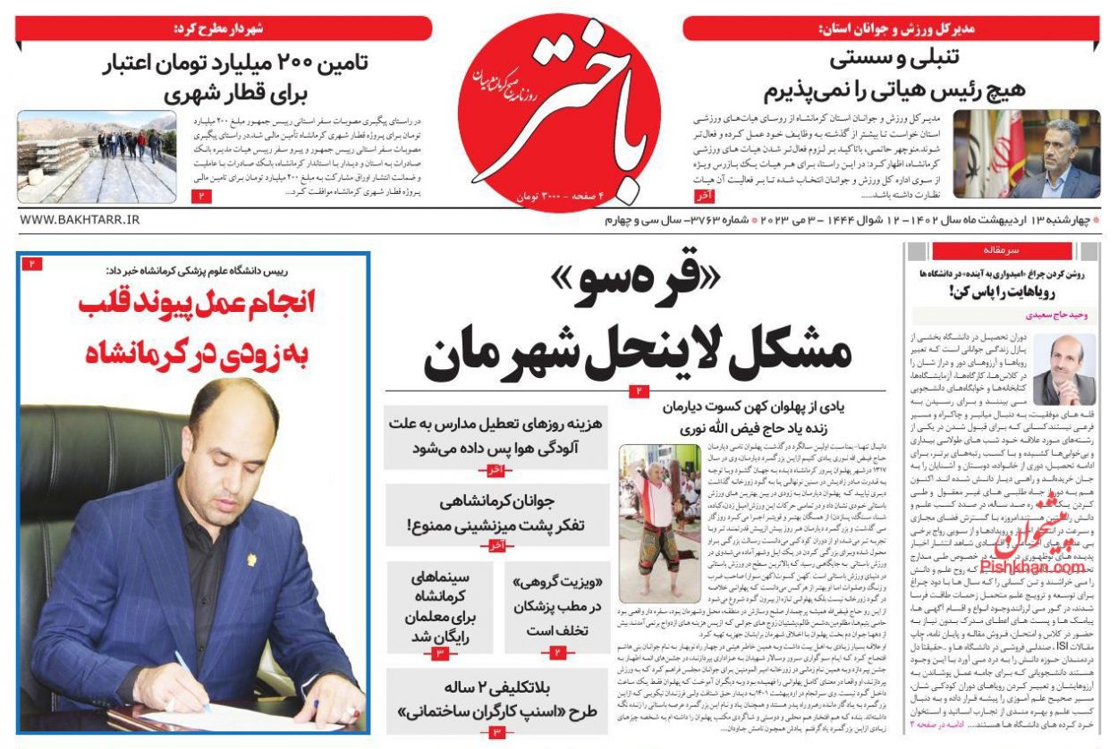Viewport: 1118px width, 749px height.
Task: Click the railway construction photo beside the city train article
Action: pos(97,156)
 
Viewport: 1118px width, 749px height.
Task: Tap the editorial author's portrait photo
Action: pos(1063,369)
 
